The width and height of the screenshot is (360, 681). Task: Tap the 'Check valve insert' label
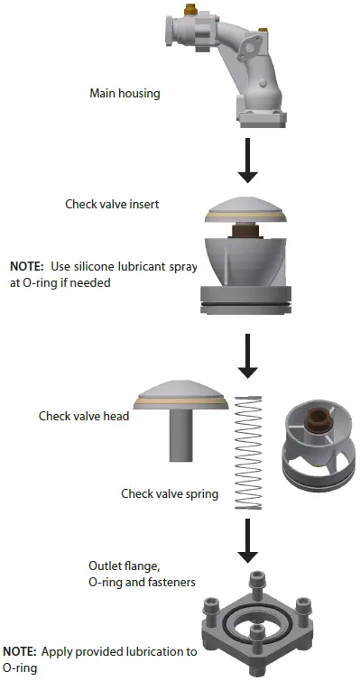(112, 204)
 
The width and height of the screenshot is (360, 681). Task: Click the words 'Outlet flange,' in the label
(117, 566)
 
